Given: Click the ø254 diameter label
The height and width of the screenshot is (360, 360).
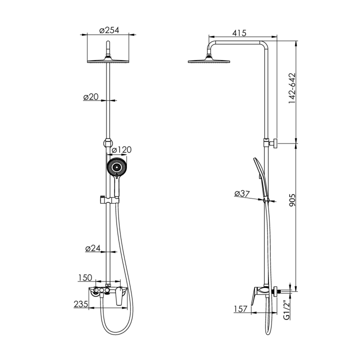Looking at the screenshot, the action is click(x=109, y=30).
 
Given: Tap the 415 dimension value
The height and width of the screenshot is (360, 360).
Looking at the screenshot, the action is click(x=239, y=33).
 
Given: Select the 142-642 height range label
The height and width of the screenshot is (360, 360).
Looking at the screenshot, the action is click(x=292, y=88).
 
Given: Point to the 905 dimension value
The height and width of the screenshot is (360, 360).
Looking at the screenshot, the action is click(x=292, y=200).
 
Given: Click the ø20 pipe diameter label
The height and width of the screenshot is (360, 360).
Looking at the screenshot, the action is click(x=91, y=97).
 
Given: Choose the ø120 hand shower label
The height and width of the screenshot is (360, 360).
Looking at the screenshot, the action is click(x=121, y=149).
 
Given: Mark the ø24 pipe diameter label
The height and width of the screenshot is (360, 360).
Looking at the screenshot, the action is click(x=93, y=248).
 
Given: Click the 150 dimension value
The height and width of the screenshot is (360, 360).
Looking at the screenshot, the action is click(x=85, y=277).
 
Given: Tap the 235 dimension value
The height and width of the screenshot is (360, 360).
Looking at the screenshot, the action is click(x=81, y=304).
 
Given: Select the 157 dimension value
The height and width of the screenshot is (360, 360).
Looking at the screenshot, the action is click(x=240, y=309).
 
